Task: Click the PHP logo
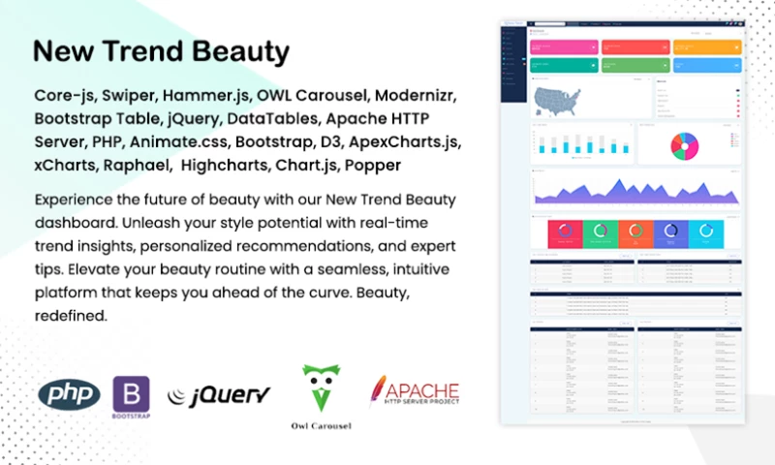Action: click(69, 394)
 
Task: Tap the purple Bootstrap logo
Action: click(131, 395)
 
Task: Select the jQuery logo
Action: click(218, 394)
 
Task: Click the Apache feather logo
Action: click(379, 390)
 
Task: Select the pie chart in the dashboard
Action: click(682, 143)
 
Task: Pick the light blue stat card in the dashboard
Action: click(703, 65)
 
